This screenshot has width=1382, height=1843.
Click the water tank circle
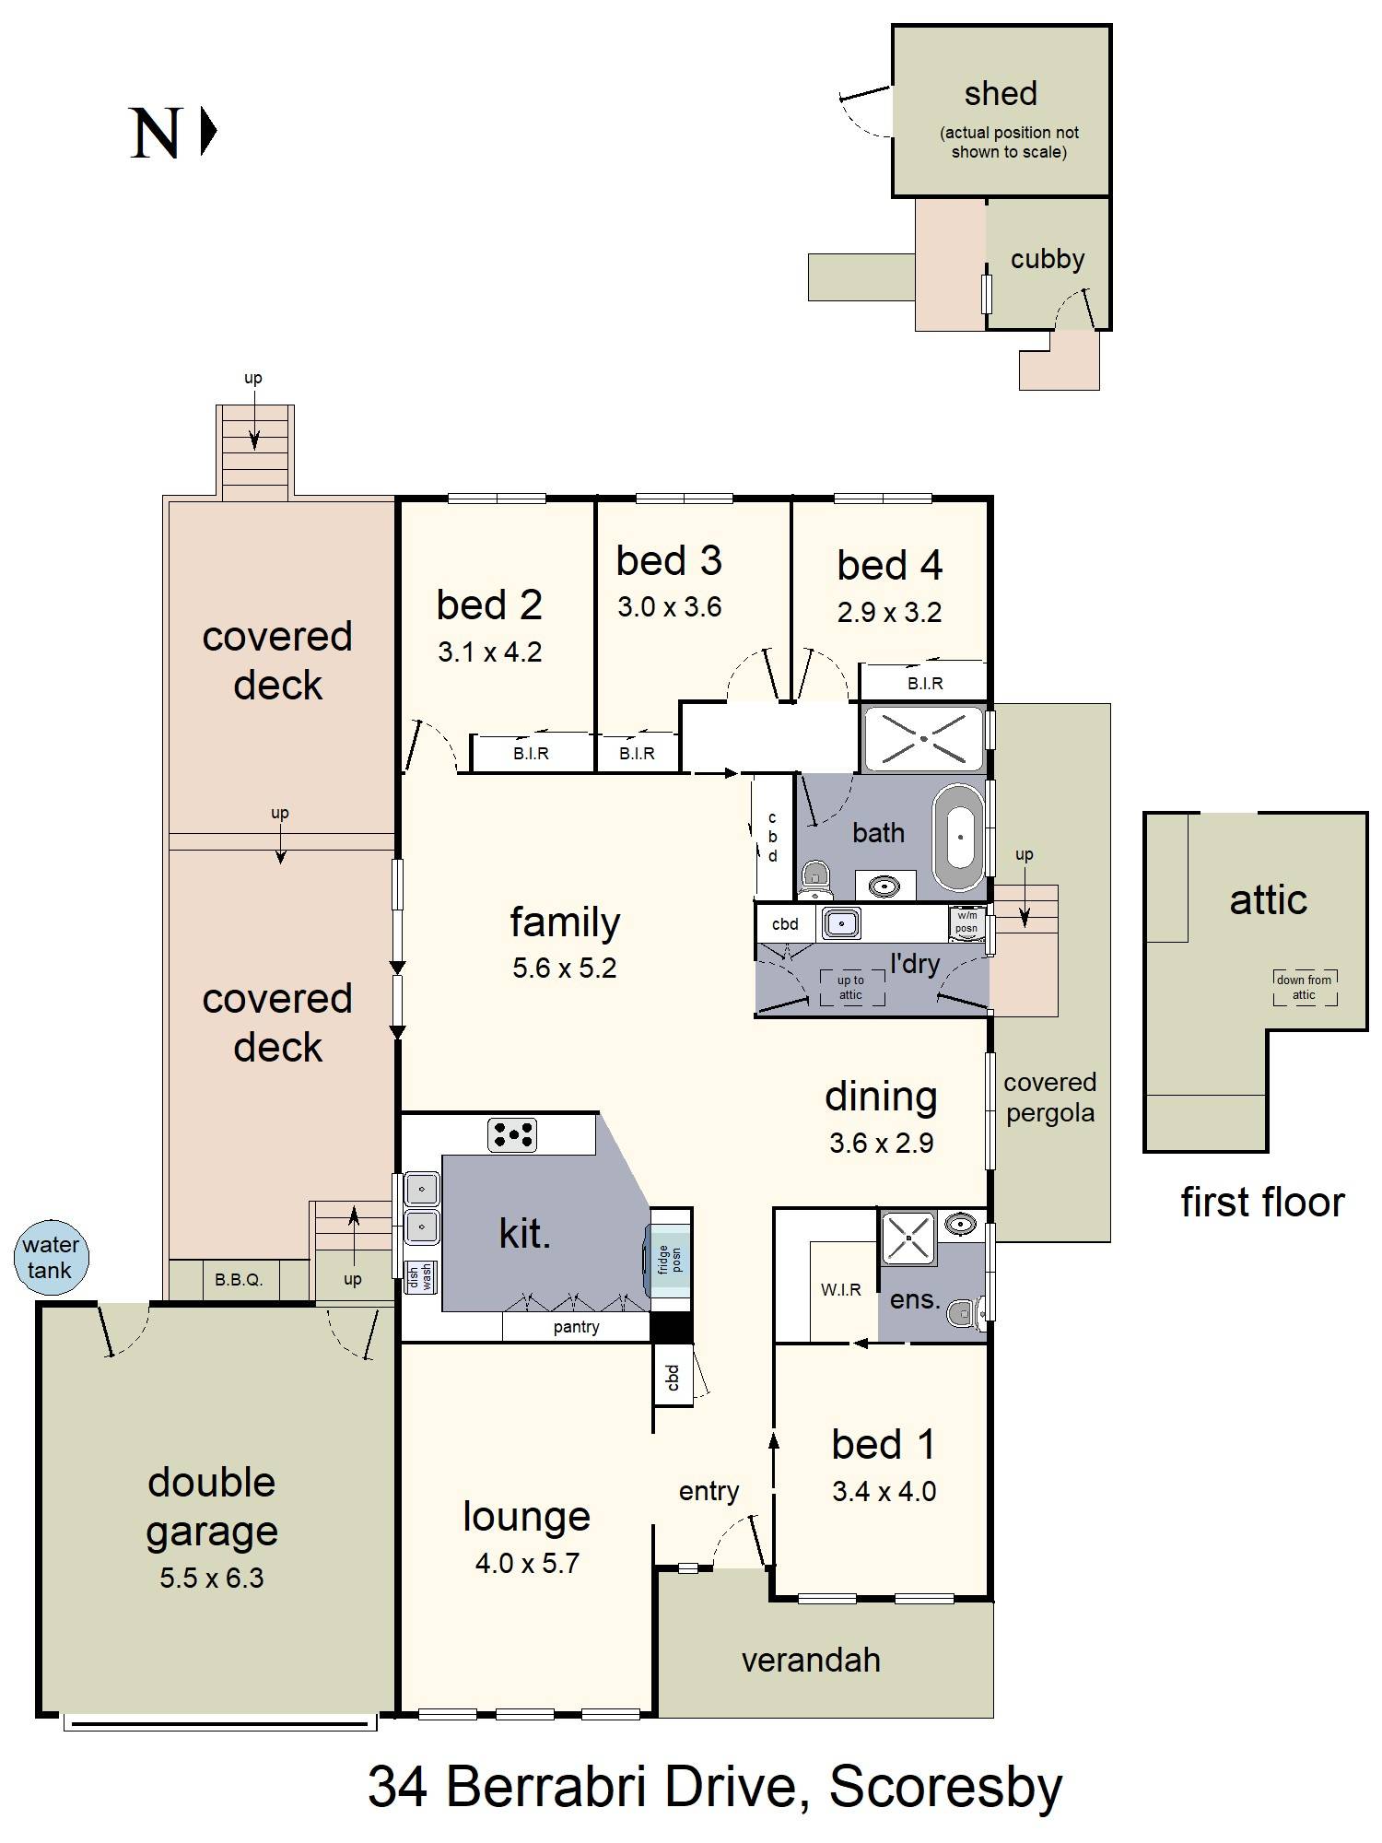point(51,1258)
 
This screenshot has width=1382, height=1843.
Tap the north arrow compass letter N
point(155,135)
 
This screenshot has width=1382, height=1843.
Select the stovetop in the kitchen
point(512,1134)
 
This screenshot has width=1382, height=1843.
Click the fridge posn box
point(670,1259)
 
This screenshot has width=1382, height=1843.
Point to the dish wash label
point(420,1276)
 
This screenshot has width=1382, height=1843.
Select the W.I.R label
point(840,1290)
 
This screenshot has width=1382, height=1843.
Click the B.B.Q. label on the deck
point(239,1280)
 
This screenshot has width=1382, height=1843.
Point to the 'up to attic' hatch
point(850,987)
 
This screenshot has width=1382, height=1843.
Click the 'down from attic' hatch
point(1304,987)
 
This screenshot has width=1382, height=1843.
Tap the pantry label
point(576,1327)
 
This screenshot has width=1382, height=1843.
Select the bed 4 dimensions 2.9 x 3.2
point(889,613)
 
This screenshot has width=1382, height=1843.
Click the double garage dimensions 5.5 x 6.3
point(211,1579)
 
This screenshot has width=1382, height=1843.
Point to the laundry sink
point(840,922)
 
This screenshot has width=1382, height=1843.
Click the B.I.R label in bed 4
point(924,683)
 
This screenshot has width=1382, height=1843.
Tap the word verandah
point(811,1661)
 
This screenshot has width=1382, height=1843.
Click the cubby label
point(1047,259)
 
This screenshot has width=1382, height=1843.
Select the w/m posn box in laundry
point(966,922)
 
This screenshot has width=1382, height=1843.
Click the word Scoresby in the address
point(945,1787)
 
